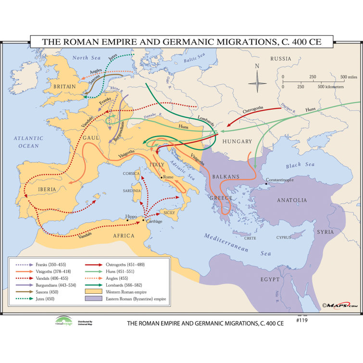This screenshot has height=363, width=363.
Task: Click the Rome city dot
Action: [162, 178]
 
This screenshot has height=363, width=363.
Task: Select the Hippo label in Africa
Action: [131, 217]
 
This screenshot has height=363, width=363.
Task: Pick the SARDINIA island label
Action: [133, 190]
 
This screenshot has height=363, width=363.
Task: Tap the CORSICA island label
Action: [131, 173]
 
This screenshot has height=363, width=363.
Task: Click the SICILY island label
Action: [170, 212]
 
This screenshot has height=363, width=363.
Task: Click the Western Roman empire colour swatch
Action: [95, 291]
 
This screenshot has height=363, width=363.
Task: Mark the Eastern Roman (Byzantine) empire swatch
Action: [95, 299]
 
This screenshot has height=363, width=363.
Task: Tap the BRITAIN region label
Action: [64, 87]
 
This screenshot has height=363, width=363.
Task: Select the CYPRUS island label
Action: [284, 237]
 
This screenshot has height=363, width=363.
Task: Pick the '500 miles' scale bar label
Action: [350, 77]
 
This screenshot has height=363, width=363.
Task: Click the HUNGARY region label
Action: [237, 141]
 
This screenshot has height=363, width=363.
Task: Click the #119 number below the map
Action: [301, 320]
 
